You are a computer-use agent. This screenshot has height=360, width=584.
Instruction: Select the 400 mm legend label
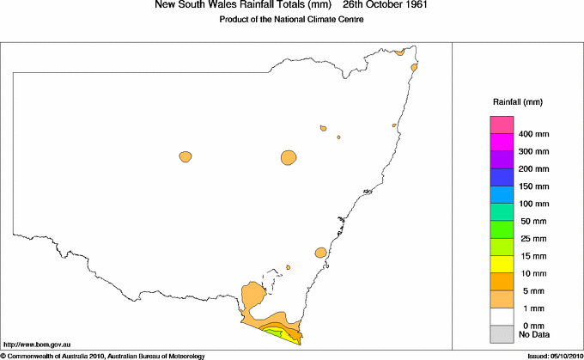click(534, 134)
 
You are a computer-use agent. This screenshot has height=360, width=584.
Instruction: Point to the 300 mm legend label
click(534, 151)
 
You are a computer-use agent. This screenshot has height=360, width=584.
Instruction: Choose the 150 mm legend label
click(534, 186)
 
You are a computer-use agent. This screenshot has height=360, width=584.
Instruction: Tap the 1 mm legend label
click(530, 308)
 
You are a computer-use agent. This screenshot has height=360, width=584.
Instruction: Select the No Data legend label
click(534, 334)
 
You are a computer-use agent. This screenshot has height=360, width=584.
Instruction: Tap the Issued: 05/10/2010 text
click(550, 355)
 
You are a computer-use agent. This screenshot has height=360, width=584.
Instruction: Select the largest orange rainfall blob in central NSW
click(289, 157)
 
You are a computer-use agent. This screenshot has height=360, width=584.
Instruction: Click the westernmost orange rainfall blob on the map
click(185, 156)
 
